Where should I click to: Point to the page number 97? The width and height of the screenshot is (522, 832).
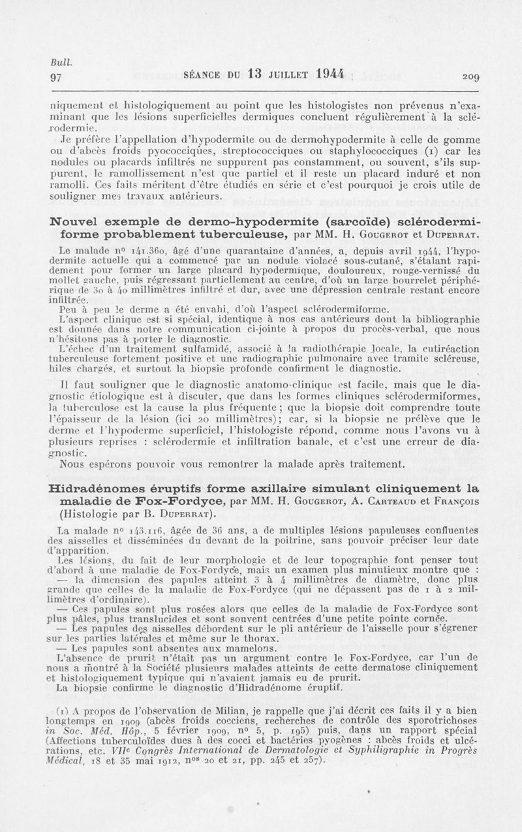click(56, 76)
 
